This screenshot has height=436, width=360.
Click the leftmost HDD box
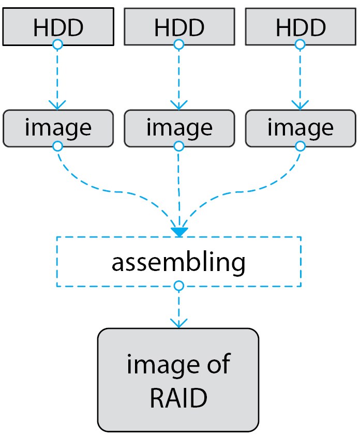[x=58, y=26]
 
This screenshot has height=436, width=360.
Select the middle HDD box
[x=178, y=26]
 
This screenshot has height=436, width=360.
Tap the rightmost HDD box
[x=300, y=26]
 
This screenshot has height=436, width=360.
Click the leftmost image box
[x=58, y=128]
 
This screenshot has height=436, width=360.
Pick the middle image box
[x=178, y=128]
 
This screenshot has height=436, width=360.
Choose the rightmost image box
[x=300, y=128]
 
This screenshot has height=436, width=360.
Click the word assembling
[x=178, y=262]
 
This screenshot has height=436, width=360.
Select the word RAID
[x=178, y=398]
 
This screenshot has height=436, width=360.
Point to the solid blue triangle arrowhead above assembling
[x=178, y=232]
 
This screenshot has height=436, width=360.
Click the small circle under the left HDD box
[x=58, y=45]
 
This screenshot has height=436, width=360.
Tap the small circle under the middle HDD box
[x=178, y=45]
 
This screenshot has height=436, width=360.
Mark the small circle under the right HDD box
[x=300, y=45]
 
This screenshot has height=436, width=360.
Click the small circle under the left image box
[x=58, y=147]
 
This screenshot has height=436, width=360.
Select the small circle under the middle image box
[x=178, y=147]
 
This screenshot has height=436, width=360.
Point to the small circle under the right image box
[x=300, y=147]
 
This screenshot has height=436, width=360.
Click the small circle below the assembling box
[x=178, y=286]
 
